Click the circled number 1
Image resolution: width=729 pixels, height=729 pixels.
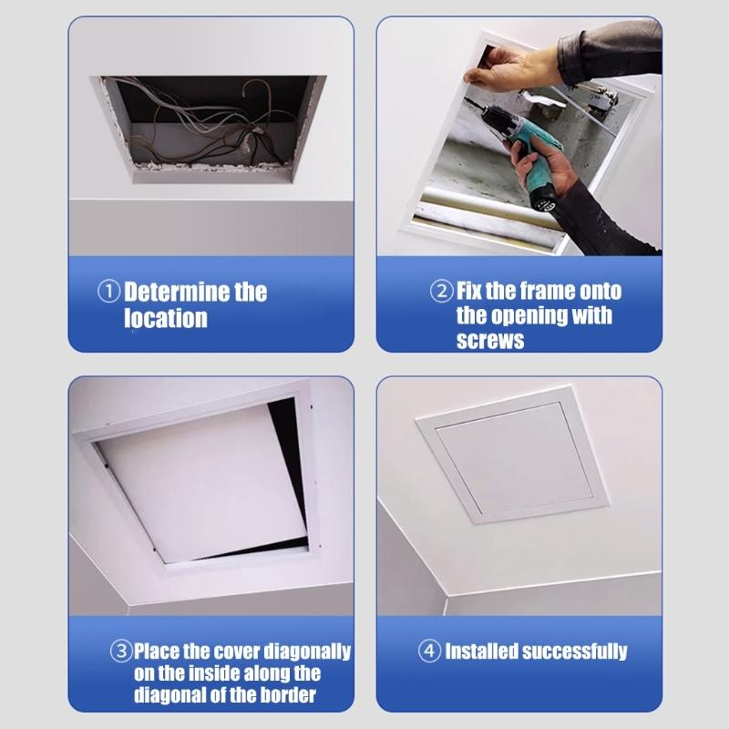pyautogui.click(x=110, y=293)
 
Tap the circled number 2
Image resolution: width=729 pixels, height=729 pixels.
pyautogui.click(x=441, y=292)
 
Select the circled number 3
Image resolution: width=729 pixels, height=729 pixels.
pyautogui.click(x=122, y=652)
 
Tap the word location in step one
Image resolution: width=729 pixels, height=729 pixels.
pyautogui.click(x=166, y=318)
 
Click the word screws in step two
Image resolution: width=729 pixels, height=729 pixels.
pyautogui.click(x=490, y=340)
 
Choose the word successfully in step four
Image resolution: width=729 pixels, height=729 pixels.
pyautogui.click(x=580, y=652)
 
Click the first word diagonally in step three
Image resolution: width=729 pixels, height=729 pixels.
pyautogui.click(x=307, y=652)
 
